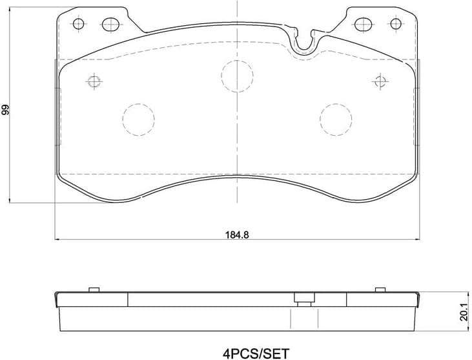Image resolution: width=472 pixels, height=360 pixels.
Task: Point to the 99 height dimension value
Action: tap(6, 109)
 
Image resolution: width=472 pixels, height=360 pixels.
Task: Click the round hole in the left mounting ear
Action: tap(79, 25)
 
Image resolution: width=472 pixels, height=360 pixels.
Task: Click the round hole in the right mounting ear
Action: tap(395, 25)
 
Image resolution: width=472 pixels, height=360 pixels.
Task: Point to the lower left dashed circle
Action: tap(138, 119)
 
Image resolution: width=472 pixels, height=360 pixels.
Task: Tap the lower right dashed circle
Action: tap(336, 119)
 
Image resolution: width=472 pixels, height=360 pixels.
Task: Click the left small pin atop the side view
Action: tap(92, 289)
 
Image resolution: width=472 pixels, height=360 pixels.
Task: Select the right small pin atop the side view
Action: tap(381, 289)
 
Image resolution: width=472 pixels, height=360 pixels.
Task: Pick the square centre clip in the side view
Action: tap(302, 298)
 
